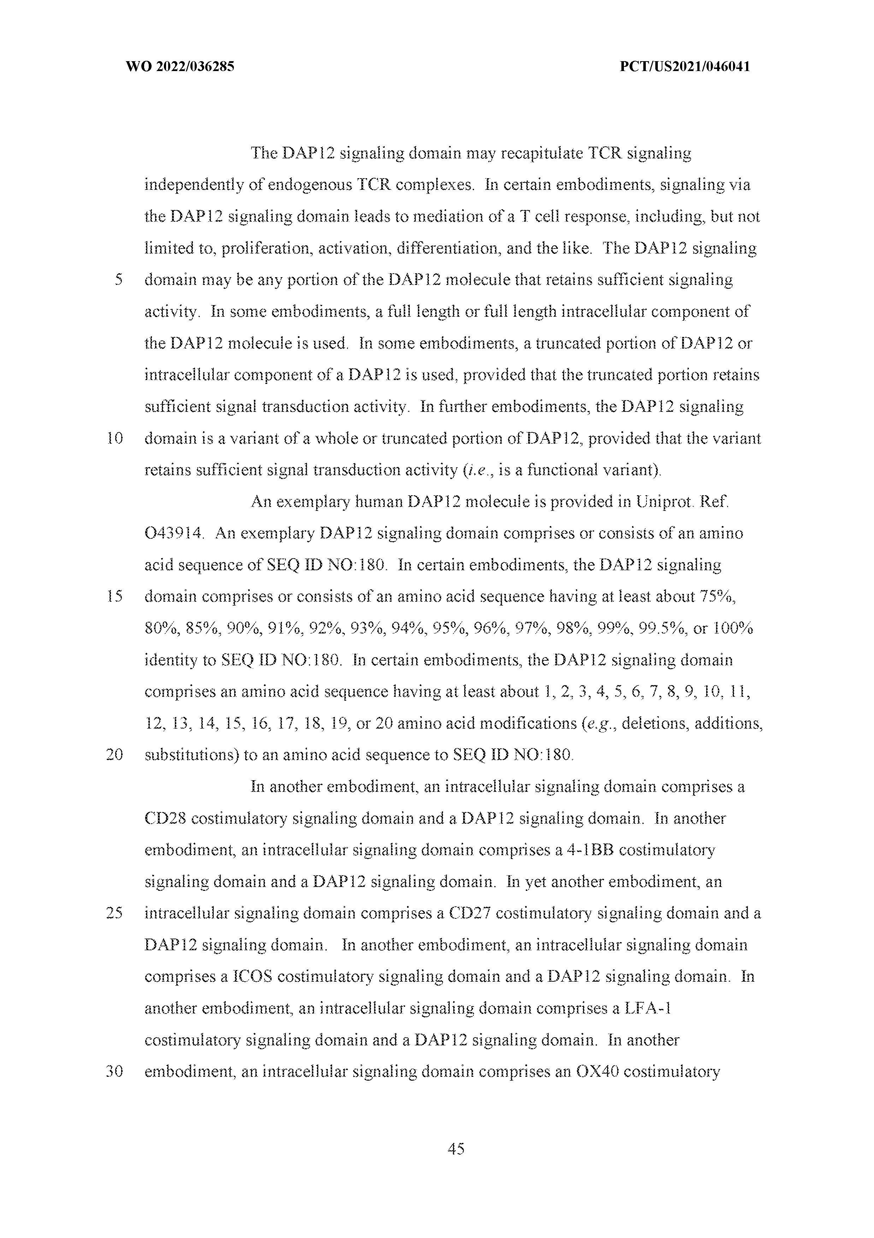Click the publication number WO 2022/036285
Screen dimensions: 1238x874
(179, 67)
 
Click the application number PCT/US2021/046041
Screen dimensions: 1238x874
(685, 67)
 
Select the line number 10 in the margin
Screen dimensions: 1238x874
(115, 438)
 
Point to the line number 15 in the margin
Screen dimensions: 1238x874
(115, 597)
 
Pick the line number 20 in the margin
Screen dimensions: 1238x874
(115, 755)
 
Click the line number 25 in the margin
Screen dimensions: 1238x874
(115, 913)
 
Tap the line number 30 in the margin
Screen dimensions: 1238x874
(115, 1072)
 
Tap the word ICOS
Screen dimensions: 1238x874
(252, 977)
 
